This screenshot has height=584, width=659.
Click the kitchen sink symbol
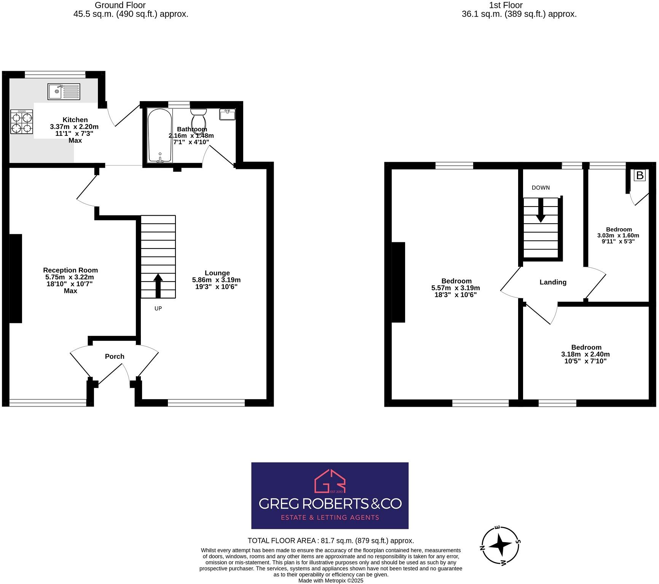coord(64,92)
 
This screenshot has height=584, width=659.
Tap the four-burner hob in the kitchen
coord(21,121)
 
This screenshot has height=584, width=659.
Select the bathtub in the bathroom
coord(160,135)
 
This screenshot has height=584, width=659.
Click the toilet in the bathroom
coord(198,120)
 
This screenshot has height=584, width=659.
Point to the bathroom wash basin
coord(227,114)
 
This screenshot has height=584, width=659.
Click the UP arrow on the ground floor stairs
coord(158,285)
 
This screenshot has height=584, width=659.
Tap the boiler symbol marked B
coord(640,175)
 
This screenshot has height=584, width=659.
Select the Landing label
coord(553,282)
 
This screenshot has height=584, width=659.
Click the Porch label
coord(115,356)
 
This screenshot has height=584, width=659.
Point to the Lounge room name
coord(217,273)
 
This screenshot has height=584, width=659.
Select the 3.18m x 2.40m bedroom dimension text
coord(586,354)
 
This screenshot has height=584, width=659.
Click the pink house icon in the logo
coord(330,481)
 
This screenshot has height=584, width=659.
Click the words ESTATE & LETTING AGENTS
coord(330,517)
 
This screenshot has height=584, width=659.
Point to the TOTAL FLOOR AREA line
coord(330,541)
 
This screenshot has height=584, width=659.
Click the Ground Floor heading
coord(120,5)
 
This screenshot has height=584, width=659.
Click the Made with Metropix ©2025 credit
coord(330,581)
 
